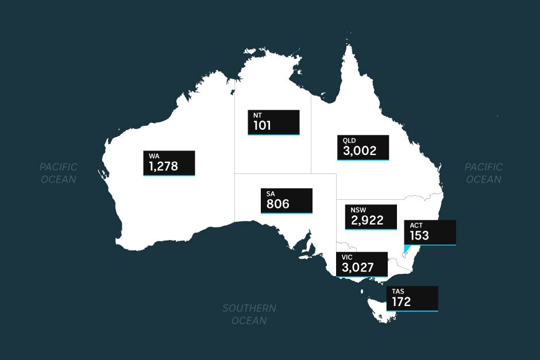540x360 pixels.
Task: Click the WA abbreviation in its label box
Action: point(154,156)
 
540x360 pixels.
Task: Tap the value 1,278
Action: point(163,167)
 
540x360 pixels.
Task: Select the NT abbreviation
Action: point(258,115)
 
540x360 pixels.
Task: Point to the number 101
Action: point(262,125)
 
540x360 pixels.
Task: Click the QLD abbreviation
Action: point(349,141)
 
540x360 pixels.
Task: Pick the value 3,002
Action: point(360,151)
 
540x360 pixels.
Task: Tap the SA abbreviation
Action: point(271,194)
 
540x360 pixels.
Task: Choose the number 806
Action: point(277,204)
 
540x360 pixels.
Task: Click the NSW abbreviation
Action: point(357,210)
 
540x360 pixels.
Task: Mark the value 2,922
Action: point(367,220)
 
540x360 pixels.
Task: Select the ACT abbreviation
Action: point(416,225)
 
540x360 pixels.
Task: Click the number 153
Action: point(419,235)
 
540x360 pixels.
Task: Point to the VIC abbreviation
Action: point(347,257)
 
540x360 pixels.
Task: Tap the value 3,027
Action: point(358,268)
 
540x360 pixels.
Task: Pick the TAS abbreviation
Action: point(398,292)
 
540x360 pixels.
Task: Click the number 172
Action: point(402,301)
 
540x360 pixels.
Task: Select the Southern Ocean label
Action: point(249,314)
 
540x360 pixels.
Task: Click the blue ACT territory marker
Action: point(407,249)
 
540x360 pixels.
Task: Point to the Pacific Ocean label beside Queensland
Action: point(483,173)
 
